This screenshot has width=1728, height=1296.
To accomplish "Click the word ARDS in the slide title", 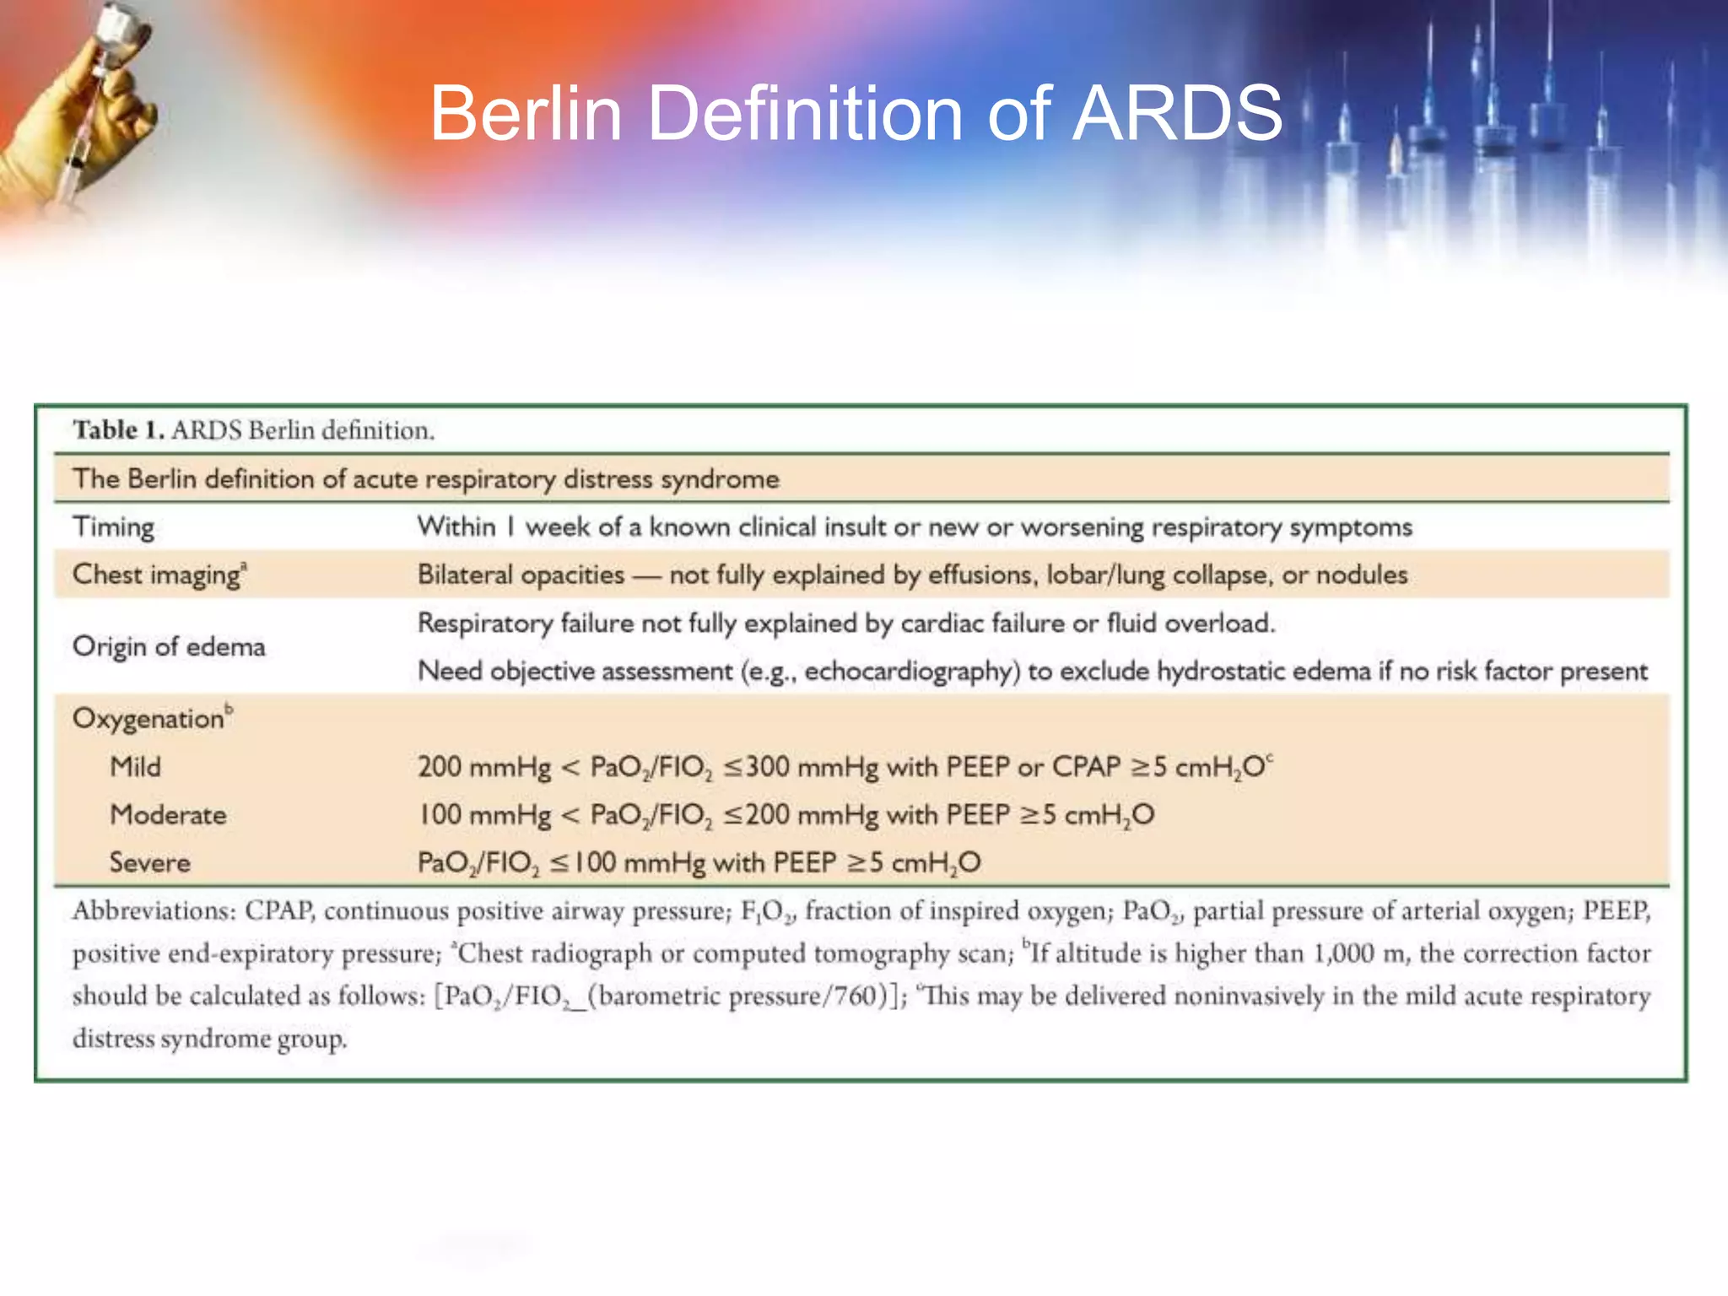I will tap(1177, 114).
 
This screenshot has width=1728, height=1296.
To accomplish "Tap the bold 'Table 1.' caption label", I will tap(118, 430).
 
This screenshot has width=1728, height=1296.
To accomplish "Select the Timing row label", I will tap(113, 527).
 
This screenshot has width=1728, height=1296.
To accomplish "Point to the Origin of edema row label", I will tap(169, 647).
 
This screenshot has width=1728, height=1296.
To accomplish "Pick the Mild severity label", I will tap(135, 767).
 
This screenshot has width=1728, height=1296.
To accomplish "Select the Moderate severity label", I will tap(168, 815).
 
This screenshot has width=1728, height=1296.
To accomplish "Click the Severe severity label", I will tap(149, 863).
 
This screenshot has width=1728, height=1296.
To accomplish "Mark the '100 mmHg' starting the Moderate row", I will tap(483, 815).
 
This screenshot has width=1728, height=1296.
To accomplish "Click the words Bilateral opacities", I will tap(521, 575).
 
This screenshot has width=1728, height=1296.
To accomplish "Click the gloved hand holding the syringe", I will tap(84, 118).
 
